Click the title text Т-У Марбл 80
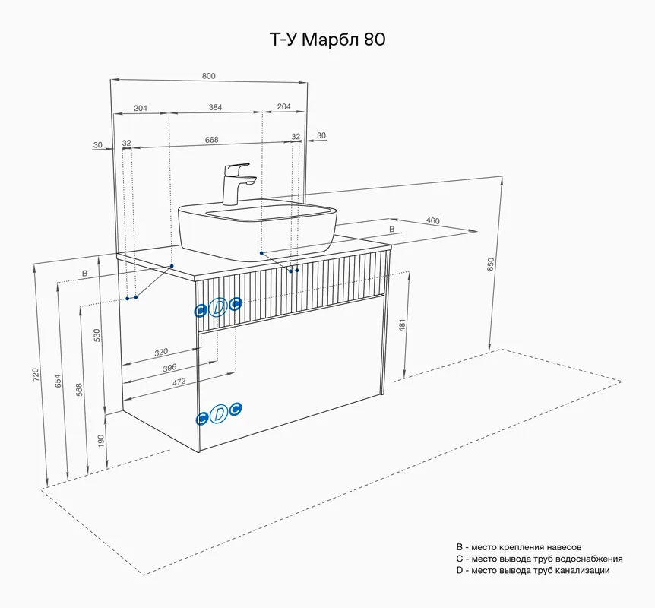[327, 40]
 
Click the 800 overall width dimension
[209, 75]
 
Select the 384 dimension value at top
[216, 108]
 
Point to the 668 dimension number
[212, 140]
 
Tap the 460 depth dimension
[432, 221]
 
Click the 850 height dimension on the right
[491, 264]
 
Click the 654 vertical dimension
[59, 382]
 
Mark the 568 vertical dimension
[80, 389]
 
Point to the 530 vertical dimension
[97, 335]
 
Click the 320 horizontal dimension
[160, 353]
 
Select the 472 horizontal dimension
[179, 382]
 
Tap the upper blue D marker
[218, 307]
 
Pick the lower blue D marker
[219, 414]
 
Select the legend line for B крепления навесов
[518, 547]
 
